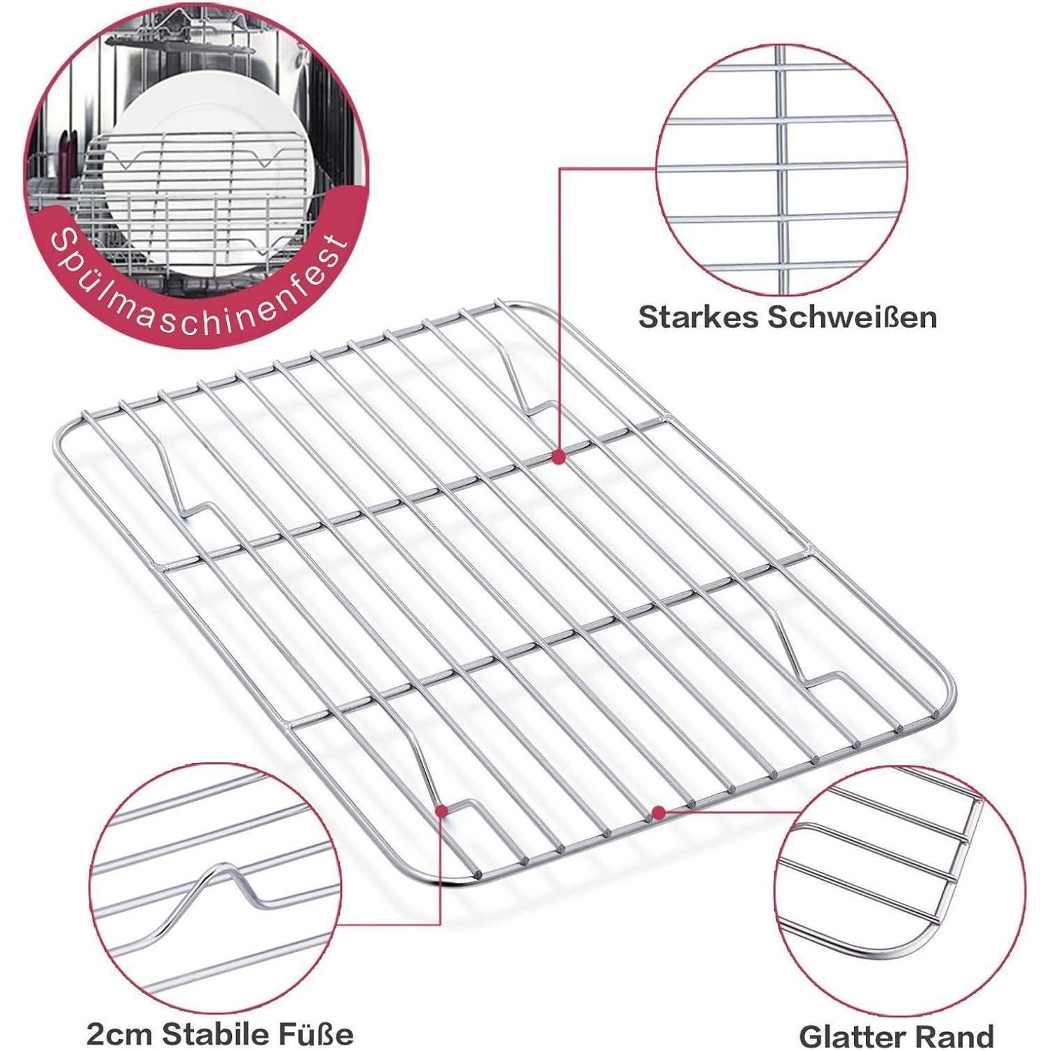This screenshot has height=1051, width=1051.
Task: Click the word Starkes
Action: [x=698, y=317]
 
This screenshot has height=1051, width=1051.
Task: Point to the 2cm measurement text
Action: [x=121, y=1033]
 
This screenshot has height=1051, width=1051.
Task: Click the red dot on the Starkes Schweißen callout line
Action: [x=558, y=457]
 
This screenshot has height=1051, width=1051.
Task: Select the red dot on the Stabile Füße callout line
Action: [x=441, y=811]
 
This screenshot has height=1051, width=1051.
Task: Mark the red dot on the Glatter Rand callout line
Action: [x=658, y=813]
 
